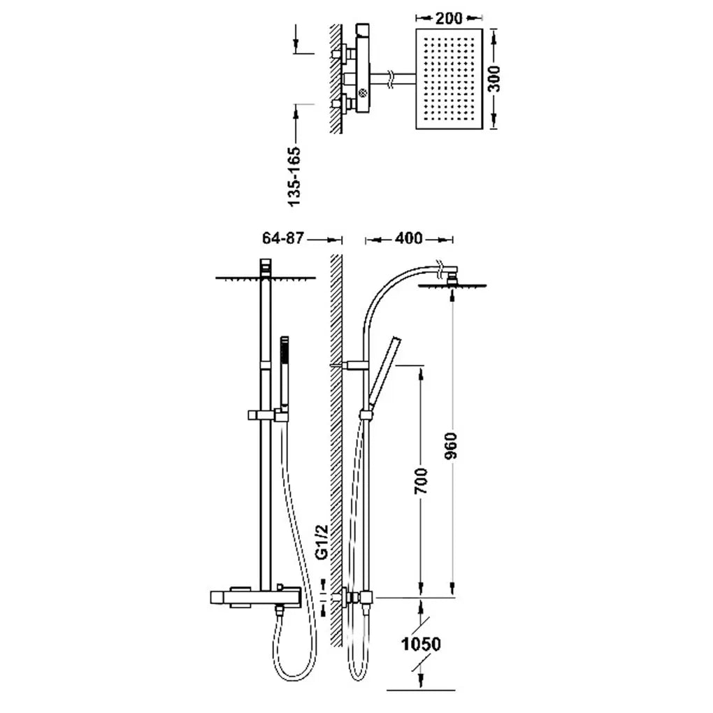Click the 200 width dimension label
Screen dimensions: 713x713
449,18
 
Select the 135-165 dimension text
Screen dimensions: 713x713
295,176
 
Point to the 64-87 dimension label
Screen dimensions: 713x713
282,238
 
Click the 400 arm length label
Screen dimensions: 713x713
408,238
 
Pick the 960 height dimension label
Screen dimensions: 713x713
450,446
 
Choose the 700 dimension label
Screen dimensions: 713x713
421,481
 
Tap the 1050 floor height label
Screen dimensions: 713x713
421,644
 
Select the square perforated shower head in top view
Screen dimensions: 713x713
449,79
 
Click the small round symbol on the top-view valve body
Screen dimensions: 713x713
362,94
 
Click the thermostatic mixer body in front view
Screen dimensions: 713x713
256,598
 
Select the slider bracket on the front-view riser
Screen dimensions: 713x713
268,415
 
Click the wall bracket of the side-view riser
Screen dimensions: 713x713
353,365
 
